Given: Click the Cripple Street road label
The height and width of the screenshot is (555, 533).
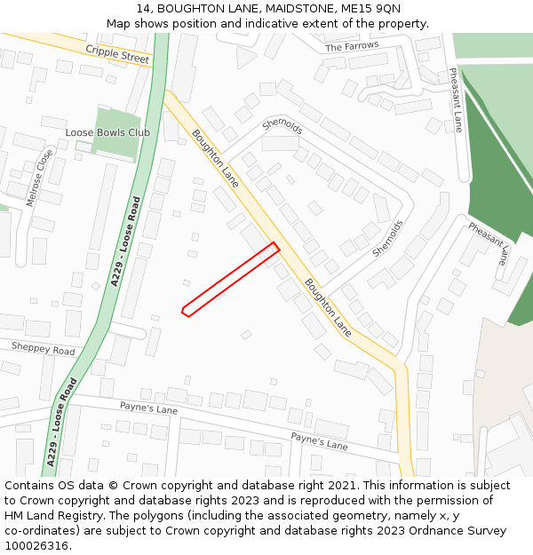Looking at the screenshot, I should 118,54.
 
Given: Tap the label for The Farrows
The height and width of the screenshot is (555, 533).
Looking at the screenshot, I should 352,45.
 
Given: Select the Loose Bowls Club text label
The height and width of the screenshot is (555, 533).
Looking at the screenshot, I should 107,133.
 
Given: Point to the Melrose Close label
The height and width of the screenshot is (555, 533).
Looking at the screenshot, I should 40,178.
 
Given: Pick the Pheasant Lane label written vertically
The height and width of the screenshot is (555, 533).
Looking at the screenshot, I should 455,99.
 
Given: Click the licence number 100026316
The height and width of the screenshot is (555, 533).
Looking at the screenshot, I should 36,545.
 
